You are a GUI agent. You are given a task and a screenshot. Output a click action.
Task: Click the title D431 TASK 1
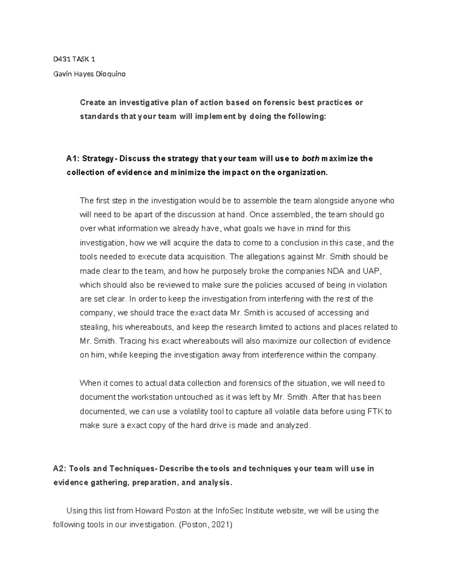coord(74,59)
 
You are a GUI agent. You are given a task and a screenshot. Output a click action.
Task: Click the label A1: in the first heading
coord(73,158)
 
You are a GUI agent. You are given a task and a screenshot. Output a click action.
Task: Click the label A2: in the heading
coord(60,469)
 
